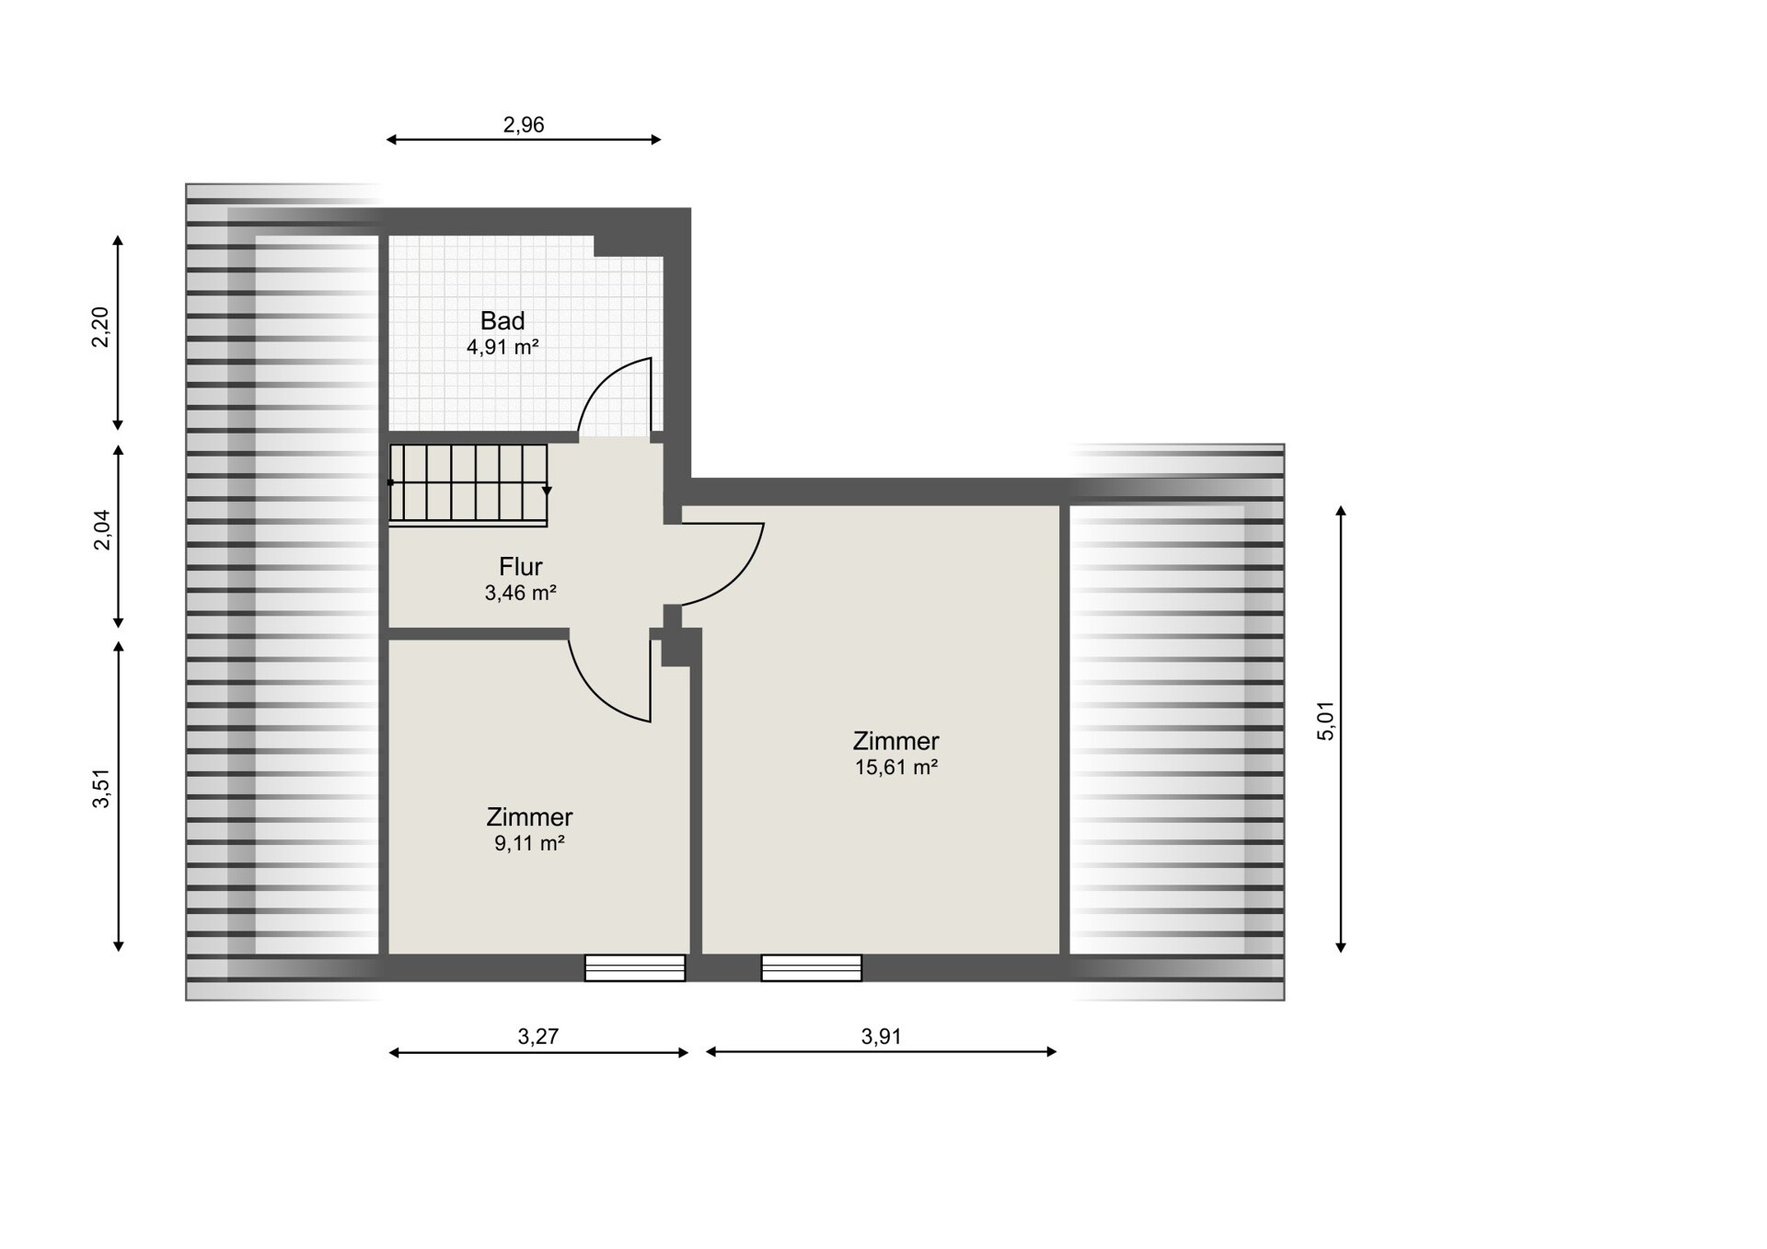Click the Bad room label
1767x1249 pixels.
[x=502, y=320]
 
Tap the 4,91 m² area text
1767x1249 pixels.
[x=502, y=347]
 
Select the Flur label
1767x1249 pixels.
[x=521, y=566]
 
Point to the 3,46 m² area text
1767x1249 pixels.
[x=521, y=593]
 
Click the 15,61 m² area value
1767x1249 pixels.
[x=896, y=767]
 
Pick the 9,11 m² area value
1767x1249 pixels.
[x=529, y=843]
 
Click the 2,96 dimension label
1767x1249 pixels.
[x=524, y=124]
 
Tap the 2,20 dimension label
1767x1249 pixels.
[x=100, y=327]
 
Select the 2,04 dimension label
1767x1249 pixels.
[x=101, y=530]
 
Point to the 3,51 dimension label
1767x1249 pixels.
[x=101, y=788]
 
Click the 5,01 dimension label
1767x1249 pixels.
[x=1325, y=721]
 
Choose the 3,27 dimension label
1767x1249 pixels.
[x=538, y=1036]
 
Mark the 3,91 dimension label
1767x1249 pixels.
[x=882, y=1036]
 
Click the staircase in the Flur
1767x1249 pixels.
[x=468, y=485]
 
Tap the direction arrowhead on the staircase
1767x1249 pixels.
[x=547, y=492]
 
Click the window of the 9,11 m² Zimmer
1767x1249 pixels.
[x=635, y=968]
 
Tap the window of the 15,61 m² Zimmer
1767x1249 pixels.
[x=812, y=968]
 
